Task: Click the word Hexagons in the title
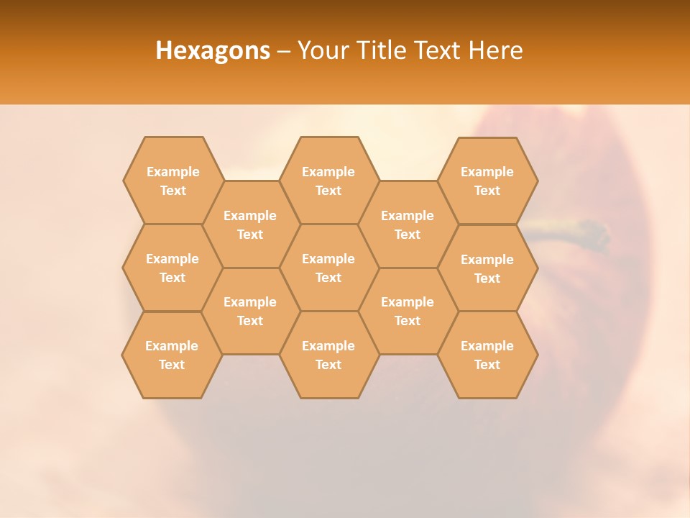[213, 50]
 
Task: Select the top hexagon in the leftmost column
[173, 181]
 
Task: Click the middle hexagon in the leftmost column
[172, 268]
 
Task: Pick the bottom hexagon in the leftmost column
[172, 355]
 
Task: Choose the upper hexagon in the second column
[250, 224]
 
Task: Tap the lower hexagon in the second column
[250, 311]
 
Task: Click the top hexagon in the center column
[328, 181]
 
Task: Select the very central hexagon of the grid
[328, 268]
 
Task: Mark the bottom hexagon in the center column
[328, 355]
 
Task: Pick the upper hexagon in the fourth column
[408, 224]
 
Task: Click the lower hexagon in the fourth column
[408, 311]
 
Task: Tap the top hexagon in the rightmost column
[487, 181]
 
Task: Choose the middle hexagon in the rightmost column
[487, 268]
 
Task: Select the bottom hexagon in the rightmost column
[487, 355]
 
